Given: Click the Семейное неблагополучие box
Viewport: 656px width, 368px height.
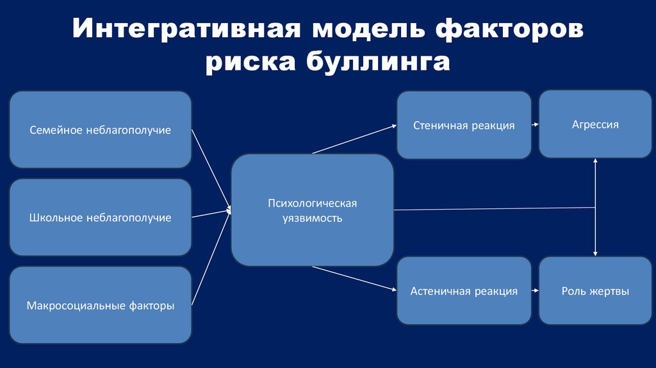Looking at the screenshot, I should [x=100, y=130].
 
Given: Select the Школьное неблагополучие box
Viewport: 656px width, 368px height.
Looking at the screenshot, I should [x=100, y=218].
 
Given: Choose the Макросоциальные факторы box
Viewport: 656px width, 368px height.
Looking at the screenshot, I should [x=100, y=305].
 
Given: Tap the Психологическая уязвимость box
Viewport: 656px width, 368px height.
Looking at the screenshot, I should [x=312, y=210].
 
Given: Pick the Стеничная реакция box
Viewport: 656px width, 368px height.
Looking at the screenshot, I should [x=464, y=125].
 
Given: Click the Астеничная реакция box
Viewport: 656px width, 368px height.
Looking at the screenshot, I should [x=464, y=291].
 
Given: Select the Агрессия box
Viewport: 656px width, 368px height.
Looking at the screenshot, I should [x=595, y=124].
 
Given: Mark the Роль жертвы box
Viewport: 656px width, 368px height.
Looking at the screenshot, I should [x=595, y=291].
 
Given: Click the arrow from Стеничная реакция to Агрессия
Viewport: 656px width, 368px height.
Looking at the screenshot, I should [x=535, y=126].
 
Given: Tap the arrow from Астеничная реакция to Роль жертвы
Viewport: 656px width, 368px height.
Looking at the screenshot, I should [x=535, y=291].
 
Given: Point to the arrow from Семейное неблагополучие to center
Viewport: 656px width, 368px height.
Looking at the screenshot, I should [x=211, y=169].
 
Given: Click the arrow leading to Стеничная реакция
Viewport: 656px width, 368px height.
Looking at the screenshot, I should [x=354, y=139].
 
